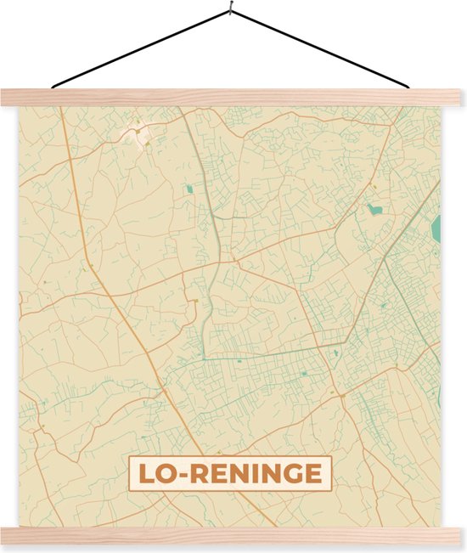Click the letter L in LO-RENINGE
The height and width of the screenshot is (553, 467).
(x=144, y=474)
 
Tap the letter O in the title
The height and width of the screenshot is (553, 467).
(x=166, y=474)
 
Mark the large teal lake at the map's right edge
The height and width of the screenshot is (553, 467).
(x=436, y=228)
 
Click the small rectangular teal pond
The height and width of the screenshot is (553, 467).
(x=189, y=188)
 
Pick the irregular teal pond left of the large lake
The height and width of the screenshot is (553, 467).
(x=374, y=207)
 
